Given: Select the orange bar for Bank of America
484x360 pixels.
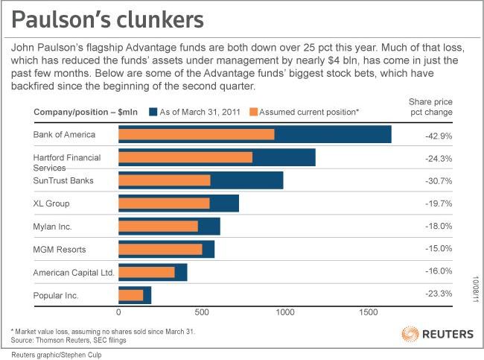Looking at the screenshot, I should (197, 134).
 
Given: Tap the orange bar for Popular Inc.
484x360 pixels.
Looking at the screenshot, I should (131, 295).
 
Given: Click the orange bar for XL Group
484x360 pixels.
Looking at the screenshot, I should (165, 203).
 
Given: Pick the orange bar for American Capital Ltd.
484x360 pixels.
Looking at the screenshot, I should (147, 272).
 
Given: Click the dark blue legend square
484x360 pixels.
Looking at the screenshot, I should (153, 113).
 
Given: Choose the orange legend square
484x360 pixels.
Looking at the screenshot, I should (253, 113).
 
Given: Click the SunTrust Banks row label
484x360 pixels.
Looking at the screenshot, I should (63, 180).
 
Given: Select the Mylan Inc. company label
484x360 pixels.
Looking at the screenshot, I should (53, 226).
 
